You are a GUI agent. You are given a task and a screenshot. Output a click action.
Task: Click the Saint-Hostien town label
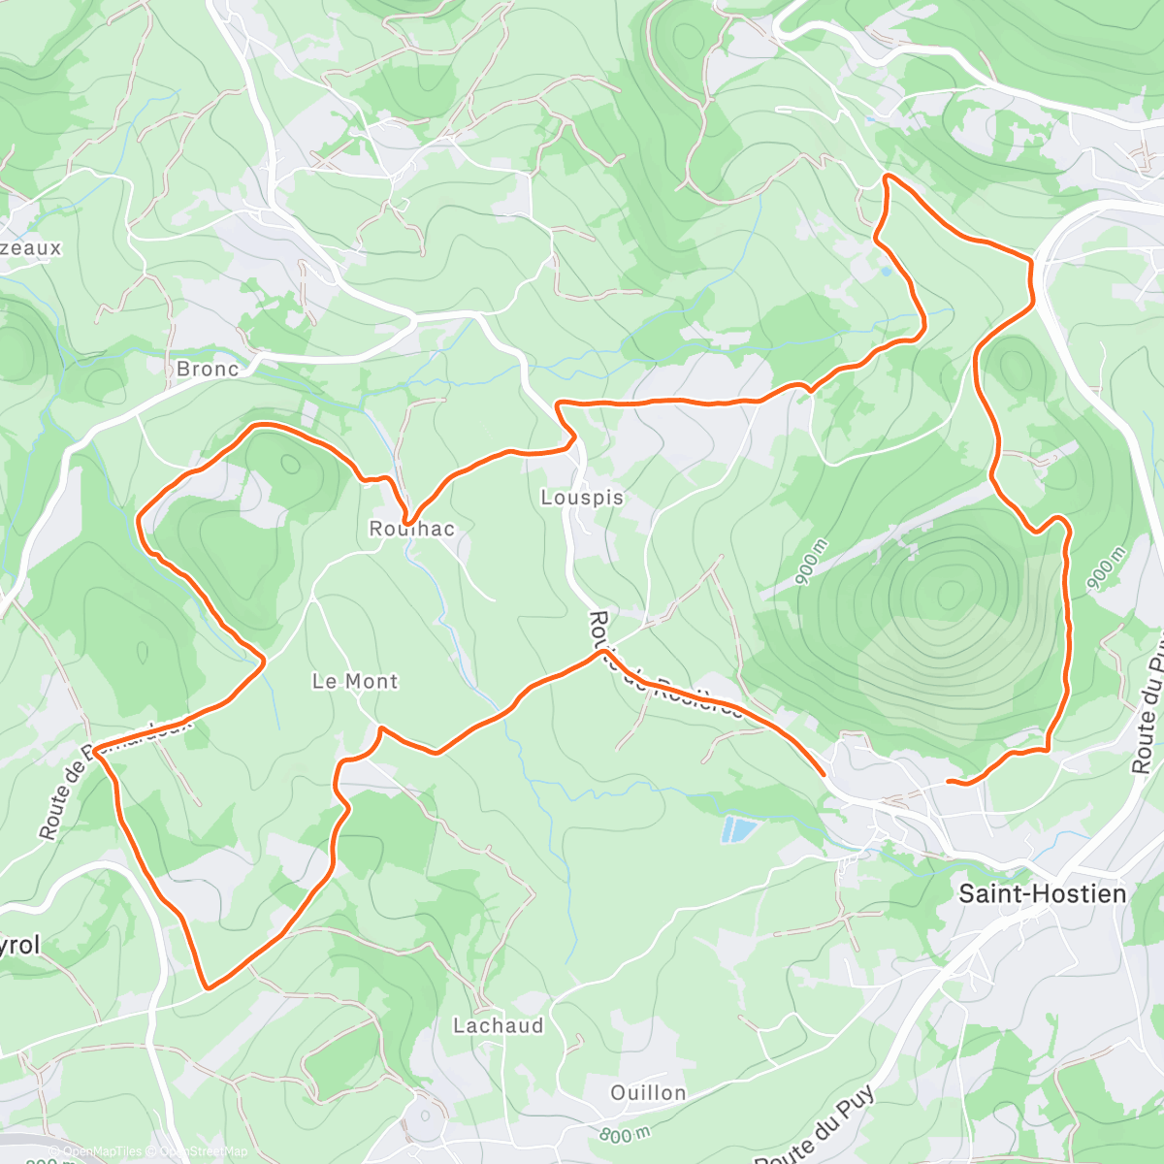pyautogui.click(x=1042, y=893)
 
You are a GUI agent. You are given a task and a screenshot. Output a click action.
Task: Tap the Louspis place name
pyautogui.click(x=582, y=498)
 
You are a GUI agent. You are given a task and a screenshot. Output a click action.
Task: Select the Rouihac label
pyautogui.click(x=411, y=529)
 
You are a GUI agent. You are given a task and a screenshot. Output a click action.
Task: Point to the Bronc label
pyautogui.click(x=208, y=369)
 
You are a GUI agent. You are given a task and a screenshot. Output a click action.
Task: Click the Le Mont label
pyautogui.click(x=355, y=681)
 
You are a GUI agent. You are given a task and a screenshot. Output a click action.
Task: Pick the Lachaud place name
pyautogui.click(x=499, y=1025)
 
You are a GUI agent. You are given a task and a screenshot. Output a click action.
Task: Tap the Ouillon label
pyautogui.click(x=648, y=1093)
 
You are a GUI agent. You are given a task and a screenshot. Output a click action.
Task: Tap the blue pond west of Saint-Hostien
pyautogui.click(x=739, y=829)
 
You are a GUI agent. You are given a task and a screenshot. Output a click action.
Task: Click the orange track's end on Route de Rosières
pyautogui.click(x=824, y=774)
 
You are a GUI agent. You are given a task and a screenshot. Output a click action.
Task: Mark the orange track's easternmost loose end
pyautogui.click(x=949, y=781)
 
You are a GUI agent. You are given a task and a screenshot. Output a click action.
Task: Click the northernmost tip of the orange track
pyautogui.click(x=887, y=176)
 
